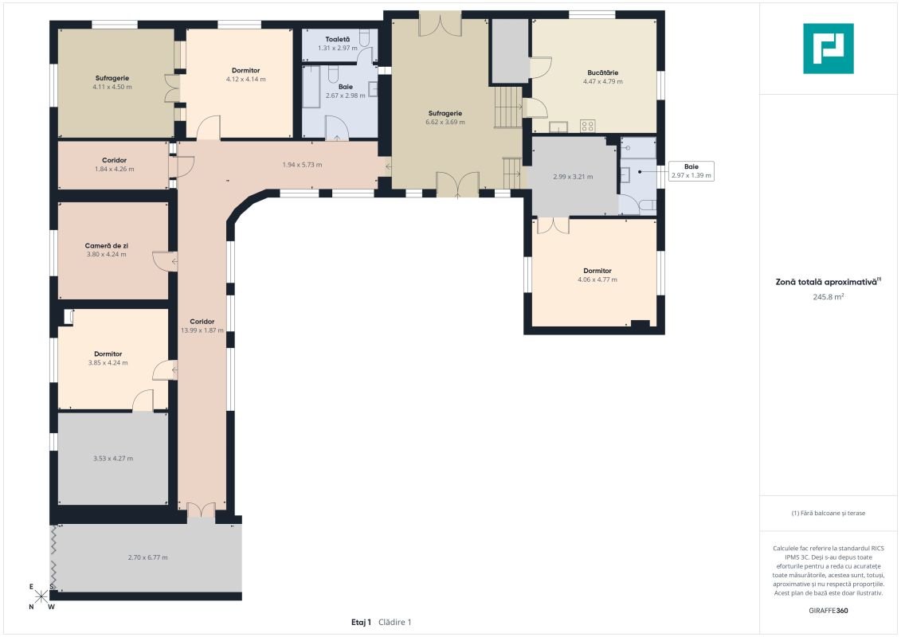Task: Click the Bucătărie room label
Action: coord(603,72)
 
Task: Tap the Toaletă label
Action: coord(337,39)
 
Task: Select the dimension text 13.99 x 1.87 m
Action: coord(202,330)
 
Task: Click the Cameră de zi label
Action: coord(106,245)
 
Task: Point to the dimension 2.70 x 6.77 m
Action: coord(147,557)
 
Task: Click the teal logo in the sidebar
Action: coord(828,49)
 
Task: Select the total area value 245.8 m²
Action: coord(828,297)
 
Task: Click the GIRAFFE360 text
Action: coord(828,611)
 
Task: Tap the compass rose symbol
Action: coord(41,597)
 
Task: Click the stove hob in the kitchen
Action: coord(587,126)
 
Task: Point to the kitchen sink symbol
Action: coord(558,127)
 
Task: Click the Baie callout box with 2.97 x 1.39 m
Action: coord(691,171)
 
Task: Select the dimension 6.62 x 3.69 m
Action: coord(445,122)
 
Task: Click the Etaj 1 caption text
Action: coord(361,622)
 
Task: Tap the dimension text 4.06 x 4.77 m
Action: coord(597,279)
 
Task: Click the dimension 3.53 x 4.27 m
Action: coord(113,459)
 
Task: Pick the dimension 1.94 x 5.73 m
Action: coord(302,165)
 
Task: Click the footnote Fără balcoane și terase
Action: coord(828,513)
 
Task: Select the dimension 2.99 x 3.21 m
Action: coord(573,177)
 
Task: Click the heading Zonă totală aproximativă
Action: coord(826,282)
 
